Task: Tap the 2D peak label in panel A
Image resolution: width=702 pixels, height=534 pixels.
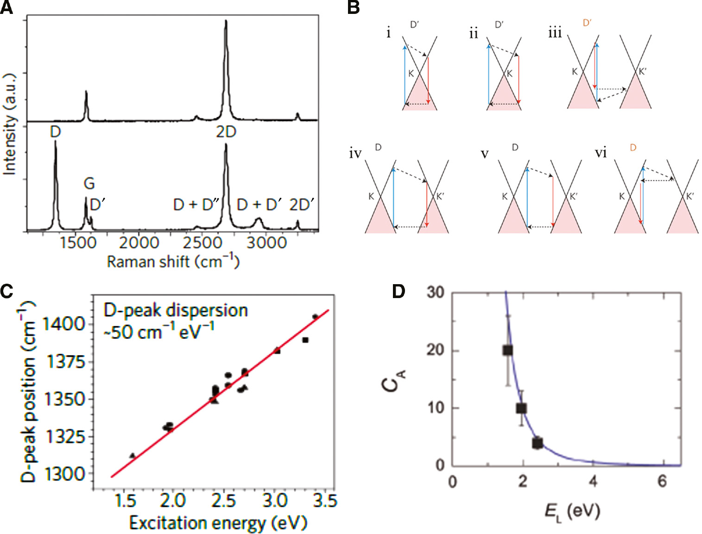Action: point(226,132)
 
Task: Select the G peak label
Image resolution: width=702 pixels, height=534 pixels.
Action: point(89,184)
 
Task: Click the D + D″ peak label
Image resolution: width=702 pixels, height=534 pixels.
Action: point(196,204)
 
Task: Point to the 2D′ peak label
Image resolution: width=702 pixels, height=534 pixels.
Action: point(302,204)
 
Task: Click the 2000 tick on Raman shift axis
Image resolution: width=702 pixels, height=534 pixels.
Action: point(139,242)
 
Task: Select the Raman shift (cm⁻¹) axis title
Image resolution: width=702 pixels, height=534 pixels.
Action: point(173,262)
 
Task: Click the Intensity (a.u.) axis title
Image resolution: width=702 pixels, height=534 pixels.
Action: point(10,124)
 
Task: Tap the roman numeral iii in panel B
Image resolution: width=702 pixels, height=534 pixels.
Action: point(555,33)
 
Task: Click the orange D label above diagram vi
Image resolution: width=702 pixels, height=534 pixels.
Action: point(633,148)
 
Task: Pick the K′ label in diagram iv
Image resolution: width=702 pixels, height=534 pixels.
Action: point(440,197)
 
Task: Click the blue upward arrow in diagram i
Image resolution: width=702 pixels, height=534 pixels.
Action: point(405,74)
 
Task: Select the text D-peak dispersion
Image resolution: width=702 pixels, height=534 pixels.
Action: point(176,310)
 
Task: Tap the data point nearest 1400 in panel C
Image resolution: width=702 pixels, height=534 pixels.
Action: point(315,317)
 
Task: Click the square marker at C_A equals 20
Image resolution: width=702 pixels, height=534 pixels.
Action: point(508,350)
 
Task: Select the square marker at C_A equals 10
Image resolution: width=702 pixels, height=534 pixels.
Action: point(522,408)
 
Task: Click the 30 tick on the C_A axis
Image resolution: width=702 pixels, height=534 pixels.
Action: point(435,292)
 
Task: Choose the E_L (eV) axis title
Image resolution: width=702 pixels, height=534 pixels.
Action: point(572,512)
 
